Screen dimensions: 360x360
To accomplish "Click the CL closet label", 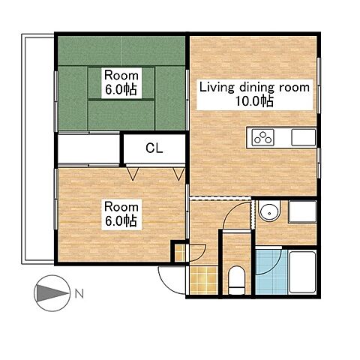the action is click(x=154, y=148).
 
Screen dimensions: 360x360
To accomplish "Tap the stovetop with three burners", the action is click(x=262, y=138).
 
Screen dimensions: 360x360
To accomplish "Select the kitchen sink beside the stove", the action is click(x=304, y=137).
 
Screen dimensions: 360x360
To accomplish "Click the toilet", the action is click(x=236, y=280).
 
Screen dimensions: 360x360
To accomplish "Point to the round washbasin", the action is click(x=269, y=212).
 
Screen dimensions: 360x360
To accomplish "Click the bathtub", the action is click(x=302, y=272).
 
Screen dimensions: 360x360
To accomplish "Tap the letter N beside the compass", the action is click(x=79, y=294).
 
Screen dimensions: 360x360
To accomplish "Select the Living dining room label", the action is click(x=254, y=88).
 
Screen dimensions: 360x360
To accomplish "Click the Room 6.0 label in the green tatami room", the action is click(x=121, y=82).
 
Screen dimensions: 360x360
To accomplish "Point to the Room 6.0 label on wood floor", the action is click(x=121, y=214).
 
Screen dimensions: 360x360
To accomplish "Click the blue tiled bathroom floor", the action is click(x=271, y=271).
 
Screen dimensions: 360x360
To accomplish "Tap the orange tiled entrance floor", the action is click(x=203, y=280).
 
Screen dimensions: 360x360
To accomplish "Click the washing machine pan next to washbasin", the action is click(x=302, y=211).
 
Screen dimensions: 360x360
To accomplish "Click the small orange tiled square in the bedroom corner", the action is click(x=180, y=253).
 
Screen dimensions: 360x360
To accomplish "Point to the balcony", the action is click(x=37, y=148).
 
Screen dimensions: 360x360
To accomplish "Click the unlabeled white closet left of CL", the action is click(x=88, y=148).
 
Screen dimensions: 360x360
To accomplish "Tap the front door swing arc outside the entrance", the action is click(x=167, y=283).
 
